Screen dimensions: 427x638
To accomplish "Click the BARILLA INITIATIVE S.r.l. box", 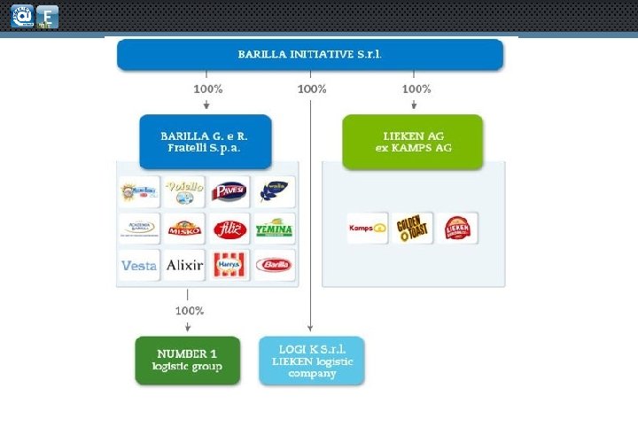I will tap(310, 54).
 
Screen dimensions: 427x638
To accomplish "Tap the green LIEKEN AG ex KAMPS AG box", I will tap(413, 141).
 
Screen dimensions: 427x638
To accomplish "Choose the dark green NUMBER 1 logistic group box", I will tap(187, 360).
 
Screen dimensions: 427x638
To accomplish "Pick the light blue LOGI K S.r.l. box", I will tap(311, 360).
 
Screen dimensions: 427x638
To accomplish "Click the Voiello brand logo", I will tap(184, 190).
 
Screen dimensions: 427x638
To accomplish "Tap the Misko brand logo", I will tap(184, 228).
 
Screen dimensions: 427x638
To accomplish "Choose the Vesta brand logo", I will tap(139, 264).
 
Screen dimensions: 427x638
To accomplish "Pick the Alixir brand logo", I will tap(184, 264).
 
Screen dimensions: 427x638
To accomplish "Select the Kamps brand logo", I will tap(367, 228).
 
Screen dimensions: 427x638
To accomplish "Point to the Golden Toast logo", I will tap(412, 228).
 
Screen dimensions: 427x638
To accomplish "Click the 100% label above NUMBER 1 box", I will tap(189, 311).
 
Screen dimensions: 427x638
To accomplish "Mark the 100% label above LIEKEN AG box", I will tap(416, 89).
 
